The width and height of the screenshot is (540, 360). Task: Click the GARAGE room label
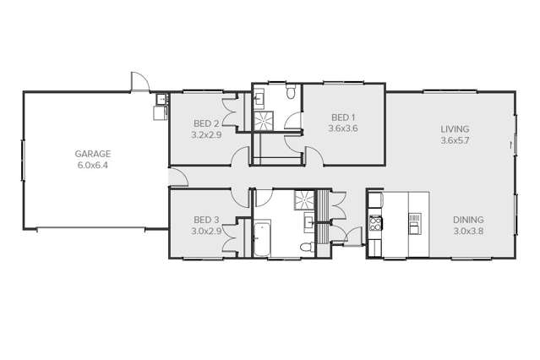93,154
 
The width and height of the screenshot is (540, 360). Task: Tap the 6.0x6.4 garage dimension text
93,166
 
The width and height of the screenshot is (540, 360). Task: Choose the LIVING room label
454,129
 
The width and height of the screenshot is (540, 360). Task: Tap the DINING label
468,220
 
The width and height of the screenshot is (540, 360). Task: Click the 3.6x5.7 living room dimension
454,141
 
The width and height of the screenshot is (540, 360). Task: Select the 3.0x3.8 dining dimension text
468,231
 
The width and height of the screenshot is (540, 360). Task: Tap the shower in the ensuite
265,121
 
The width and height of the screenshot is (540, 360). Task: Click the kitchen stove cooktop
376,224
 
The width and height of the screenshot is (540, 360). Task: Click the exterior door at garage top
138,83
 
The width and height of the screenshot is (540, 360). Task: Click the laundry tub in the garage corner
159,109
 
